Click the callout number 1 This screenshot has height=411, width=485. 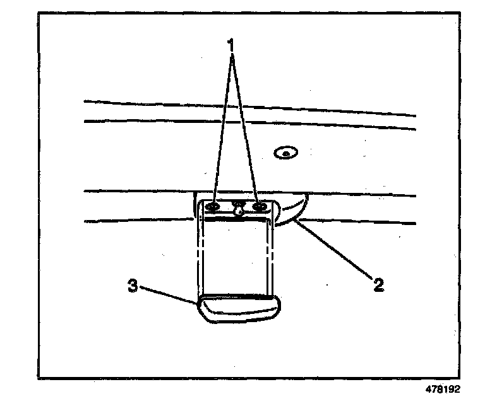(232, 45)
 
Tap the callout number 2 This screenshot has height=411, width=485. (378, 285)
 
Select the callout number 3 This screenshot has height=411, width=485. (133, 286)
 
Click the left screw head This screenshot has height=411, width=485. (213, 207)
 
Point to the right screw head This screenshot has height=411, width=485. (258, 206)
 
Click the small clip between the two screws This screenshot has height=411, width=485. (239, 209)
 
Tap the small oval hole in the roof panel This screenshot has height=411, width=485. (286, 152)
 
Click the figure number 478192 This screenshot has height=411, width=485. (443, 389)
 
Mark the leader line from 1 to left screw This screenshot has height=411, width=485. (223, 126)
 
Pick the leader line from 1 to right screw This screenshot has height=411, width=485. (245, 126)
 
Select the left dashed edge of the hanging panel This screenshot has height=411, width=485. (203, 258)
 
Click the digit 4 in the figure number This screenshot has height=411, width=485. (428, 389)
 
